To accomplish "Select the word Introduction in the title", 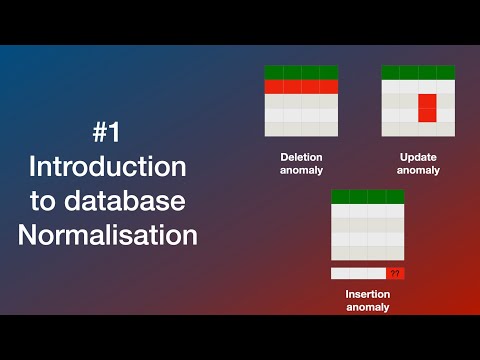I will click(x=107, y=166).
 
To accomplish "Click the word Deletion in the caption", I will click(x=301, y=158).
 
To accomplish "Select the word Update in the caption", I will click(x=418, y=158).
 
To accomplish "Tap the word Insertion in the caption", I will click(x=367, y=295).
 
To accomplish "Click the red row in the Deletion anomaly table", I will click(x=301, y=87).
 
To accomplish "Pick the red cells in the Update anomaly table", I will click(x=427, y=107).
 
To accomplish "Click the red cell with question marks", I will click(x=395, y=273).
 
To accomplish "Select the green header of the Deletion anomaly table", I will click(x=301, y=72).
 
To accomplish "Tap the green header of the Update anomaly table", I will click(x=418, y=72).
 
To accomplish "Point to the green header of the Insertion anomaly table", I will click(x=367, y=196).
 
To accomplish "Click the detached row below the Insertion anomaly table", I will click(x=358, y=273).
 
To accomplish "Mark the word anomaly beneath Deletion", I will click(x=301, y=170).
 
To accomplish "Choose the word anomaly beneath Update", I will click(x=418, y=170).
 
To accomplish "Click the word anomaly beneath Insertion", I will click(x=367, y=307).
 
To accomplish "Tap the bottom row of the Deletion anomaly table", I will click(x=301, y=129).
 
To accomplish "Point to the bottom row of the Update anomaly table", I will click(x=418, y=129).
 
